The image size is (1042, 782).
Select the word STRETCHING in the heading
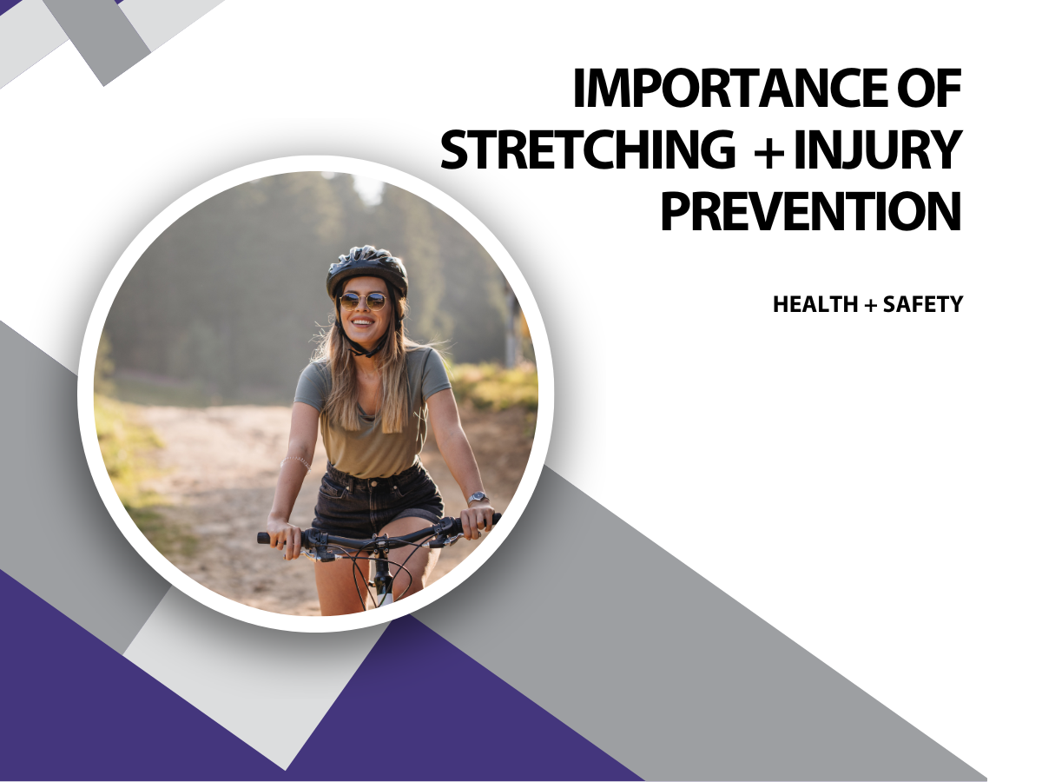click(x=587, y=149)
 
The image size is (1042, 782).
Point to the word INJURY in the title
click(x=877, y=149)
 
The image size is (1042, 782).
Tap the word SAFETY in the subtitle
click(x=923, y=304)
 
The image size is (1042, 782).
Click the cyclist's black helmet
click(x=367, y=269)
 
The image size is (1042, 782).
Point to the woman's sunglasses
click(x=363, y=302)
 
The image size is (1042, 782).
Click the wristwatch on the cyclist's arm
click(x=478, y=498)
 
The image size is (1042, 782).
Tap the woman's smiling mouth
click(x=363, y=323)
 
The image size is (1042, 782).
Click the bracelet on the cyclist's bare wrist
click(x=297, y=462)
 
